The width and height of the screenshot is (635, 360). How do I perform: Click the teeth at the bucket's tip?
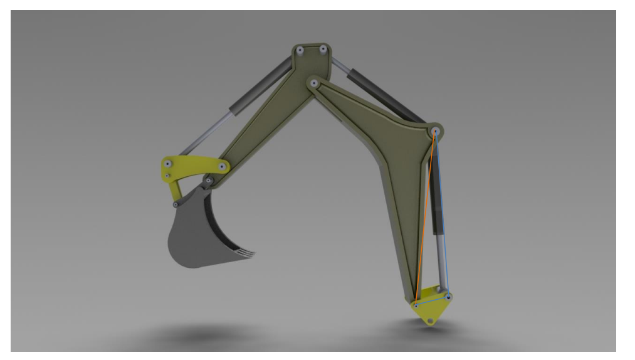pos(246,253)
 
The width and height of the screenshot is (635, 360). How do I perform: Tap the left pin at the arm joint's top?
pos(301,50)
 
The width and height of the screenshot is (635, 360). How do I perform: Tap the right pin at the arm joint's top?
pos(323,49)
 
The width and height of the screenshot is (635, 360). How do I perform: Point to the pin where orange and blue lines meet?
pos(435,132)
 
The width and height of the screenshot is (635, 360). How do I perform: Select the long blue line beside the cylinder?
pos(444,213)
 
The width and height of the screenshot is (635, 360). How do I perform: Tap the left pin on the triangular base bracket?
pos(416,306)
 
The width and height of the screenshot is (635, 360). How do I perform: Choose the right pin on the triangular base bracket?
pos(448,295)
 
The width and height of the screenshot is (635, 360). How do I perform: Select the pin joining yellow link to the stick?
pos(223,166)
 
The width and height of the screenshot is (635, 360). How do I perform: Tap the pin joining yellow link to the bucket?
pos(176,204)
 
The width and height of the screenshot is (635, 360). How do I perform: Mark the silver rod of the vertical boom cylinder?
pos(443,263)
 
